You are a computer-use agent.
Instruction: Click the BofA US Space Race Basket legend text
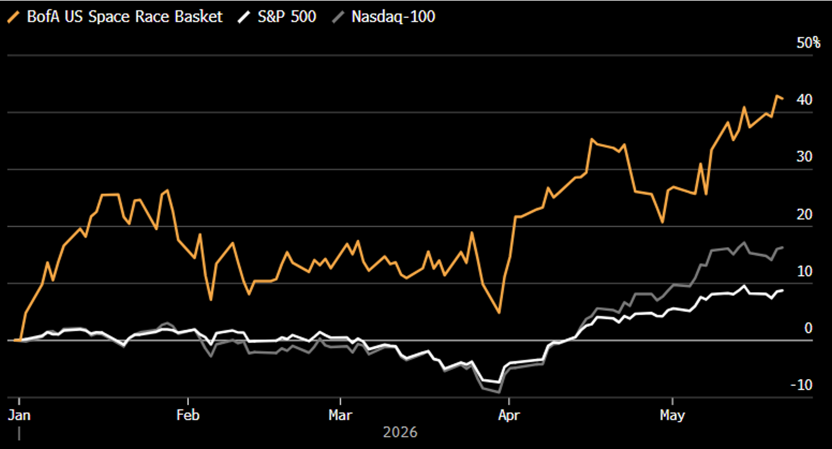pos(125,17)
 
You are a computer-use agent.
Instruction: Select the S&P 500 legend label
pos(287,17)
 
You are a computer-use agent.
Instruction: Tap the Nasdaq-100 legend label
pos(393,17)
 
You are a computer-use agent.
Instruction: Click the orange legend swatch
pos(14,17)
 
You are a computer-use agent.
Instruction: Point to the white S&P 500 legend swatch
pos(244,17)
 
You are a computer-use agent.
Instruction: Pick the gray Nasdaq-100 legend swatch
pos(338,17)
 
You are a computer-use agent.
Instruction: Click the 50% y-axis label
pos(808,43)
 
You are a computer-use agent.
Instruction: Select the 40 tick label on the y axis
pos(804,100)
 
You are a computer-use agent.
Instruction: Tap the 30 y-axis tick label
pos(804,157)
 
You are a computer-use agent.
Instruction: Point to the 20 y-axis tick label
pos(804,215)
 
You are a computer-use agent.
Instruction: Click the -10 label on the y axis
pos(802,385)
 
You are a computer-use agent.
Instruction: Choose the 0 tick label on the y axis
pos(808,328)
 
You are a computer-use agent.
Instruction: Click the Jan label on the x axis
pos(19,415)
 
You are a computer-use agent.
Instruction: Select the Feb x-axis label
pos(188,415)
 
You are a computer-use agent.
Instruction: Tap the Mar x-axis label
pos(340,415)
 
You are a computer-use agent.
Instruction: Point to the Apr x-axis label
pos(509,415)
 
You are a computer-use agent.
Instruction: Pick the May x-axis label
pos(672,416)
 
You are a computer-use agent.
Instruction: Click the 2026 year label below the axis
pos(400,432)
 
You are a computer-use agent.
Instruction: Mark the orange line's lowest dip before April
pos(499,313)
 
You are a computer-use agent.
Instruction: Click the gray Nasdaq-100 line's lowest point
pos(499,392)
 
